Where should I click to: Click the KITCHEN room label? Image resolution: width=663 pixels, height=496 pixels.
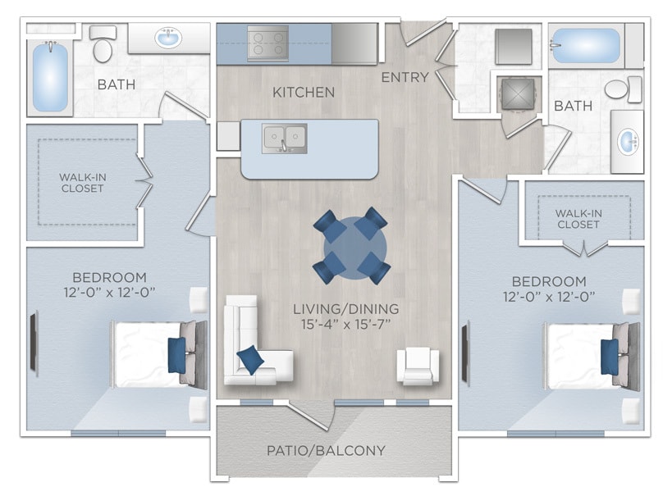(304, 92)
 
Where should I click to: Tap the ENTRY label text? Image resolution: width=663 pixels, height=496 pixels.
(405, 77)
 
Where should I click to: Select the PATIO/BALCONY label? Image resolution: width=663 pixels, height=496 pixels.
(326, 450)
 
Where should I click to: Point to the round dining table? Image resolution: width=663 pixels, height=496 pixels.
(351, 244)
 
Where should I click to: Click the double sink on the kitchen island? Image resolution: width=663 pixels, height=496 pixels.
(284, 139)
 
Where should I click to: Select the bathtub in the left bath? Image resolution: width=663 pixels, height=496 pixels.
(50, 77)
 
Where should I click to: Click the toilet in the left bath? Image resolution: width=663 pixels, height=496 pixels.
(103, 46)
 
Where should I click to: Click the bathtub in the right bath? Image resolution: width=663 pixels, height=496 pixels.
(586, 45)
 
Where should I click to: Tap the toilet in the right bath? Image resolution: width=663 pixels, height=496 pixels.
(622, 89)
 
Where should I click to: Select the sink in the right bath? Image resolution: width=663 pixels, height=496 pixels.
(628, 141)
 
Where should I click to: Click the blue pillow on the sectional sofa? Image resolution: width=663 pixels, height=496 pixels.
(249, 359)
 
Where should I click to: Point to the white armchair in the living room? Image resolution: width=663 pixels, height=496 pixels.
(418, 366)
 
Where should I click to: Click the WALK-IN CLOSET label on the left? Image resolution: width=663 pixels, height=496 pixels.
(82, 182)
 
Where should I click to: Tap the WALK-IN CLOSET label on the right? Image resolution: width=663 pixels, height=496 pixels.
(578, 219)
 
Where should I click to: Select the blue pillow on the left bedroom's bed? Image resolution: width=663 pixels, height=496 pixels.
(176, 355)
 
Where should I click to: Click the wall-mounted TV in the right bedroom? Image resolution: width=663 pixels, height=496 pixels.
(465, 353)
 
